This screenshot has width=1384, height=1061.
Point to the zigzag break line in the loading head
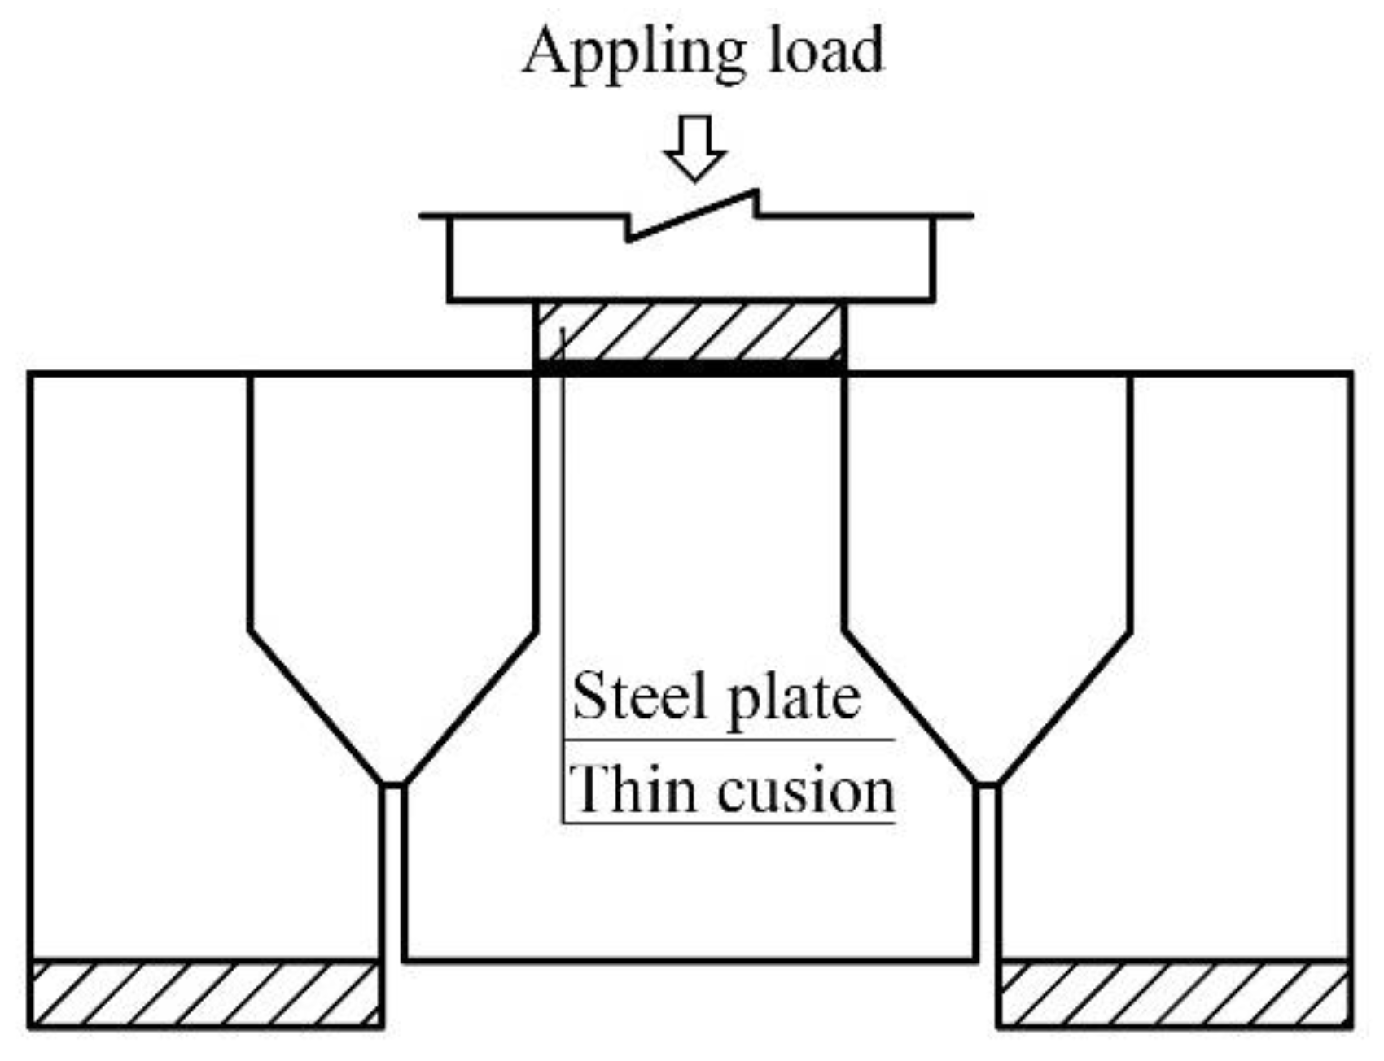pyautogui.click(x=692, y=216)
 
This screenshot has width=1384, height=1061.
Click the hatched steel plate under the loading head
pyautogui.click(x=690, y=332)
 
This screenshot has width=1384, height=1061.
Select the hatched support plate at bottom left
pyautogui.click(x=205, y=995)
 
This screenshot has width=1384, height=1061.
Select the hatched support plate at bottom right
pyautogui.click(x=1174, y=995)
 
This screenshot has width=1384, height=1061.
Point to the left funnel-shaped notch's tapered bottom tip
pyautogui.click(x=392, y=783)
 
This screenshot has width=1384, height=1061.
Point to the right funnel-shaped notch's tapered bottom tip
pyautogui.click(x=987, y=783)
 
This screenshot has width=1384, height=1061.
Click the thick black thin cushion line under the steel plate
pyautogui.click(x=690, y=368)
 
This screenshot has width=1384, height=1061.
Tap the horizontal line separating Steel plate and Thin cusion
pyautogui.click(x=729, y=740)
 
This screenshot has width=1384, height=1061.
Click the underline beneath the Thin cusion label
pyautogui.click(x=729, y=823)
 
